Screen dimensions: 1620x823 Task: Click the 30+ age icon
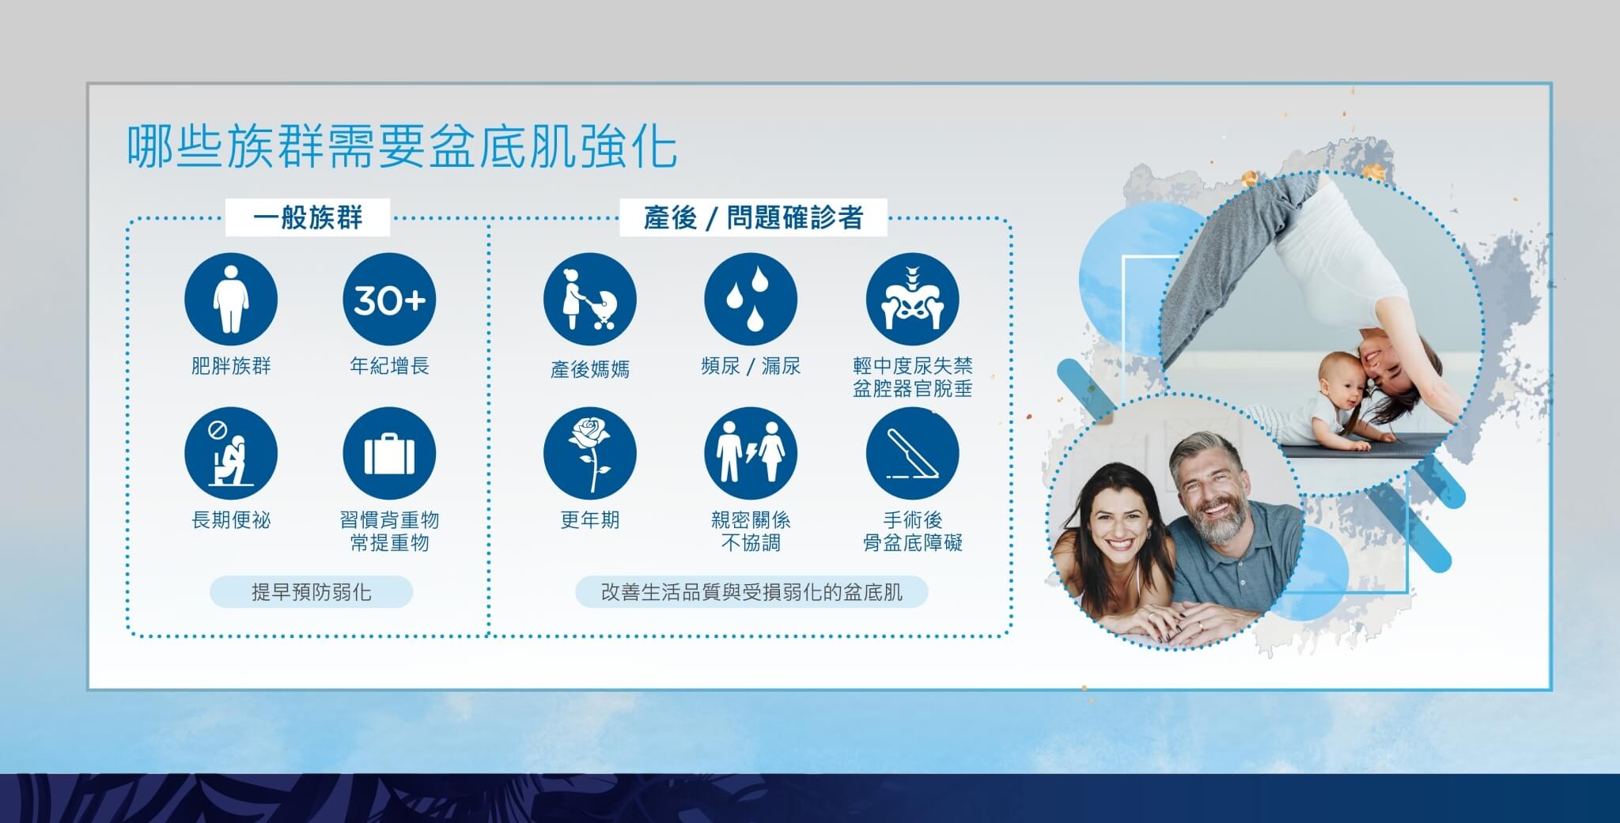click(389, 300)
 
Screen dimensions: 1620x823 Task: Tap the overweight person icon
click(231, 300)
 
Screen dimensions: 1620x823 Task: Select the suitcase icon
click(389, 454)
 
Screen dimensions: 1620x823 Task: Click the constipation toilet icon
click(231, 454)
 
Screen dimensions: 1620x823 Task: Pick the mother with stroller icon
click(590, 300)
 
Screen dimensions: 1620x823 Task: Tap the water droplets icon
click(751, 300)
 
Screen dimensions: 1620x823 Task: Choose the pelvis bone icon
click(913, 300)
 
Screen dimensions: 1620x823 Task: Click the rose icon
click(590, 454)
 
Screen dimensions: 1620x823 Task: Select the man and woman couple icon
click(751, 454)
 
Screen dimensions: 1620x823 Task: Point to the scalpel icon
click(913, 454)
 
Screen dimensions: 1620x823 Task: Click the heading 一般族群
click(308, 217)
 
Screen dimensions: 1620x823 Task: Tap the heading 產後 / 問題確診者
click(753, 217)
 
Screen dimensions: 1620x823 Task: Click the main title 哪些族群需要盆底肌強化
click(402, 145)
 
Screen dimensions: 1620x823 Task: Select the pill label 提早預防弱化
click(311, 591)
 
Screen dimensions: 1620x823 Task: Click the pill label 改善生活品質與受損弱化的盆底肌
click(751, 591)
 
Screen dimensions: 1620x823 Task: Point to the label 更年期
click(590, 520)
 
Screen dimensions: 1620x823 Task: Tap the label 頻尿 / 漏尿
click(751, 366)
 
